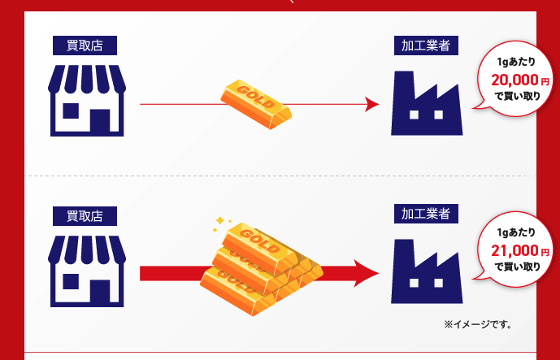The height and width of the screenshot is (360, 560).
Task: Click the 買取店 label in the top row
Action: (x=85, y=46)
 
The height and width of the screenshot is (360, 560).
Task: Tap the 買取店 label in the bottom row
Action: (x=85, y=216)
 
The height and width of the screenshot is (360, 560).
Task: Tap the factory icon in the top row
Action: (x=427, y=103)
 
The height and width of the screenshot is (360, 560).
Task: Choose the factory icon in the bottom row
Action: (x=427, y=271)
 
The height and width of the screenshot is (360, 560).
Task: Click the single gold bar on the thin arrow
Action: (x=256, y=102)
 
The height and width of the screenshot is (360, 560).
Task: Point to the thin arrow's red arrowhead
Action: (x=371, y=104)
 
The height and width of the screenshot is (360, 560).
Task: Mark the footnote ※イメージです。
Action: (x=477, y=324)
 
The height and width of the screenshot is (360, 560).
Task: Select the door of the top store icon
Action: (x=101, y=121)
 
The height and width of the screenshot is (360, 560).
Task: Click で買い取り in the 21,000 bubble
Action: (x=517, y=267)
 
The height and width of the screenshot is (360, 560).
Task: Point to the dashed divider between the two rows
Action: (x=280, y=176)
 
